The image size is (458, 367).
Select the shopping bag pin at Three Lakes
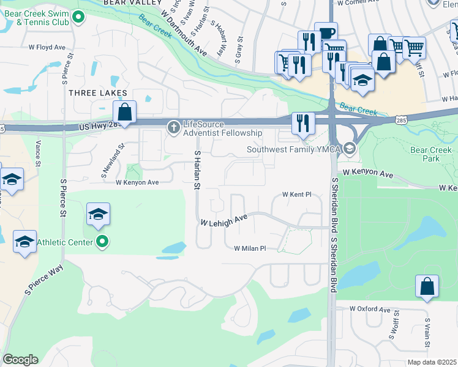pos(124,113)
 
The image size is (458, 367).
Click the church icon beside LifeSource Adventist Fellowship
pos(173,127)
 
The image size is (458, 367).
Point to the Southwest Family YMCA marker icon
pos(349,149)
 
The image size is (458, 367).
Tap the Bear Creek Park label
pos(432,154)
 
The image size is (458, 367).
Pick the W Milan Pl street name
pos(250,248)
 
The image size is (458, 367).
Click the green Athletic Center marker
pos(103,243)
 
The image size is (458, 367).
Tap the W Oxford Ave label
pos(370,310)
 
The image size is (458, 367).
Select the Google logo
pos(20,360)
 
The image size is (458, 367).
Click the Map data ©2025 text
pos(432,362)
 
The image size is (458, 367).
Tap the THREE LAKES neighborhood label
pos(98,93)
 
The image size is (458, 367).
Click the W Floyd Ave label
pos(47,46)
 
